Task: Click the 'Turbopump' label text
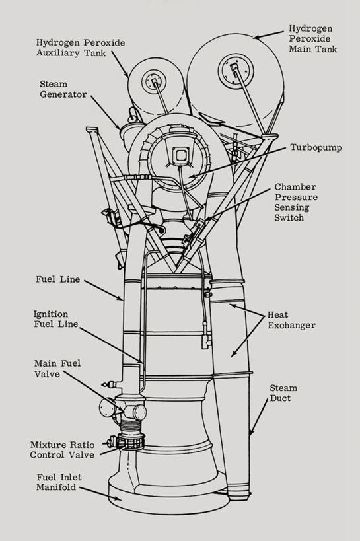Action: (316, 148)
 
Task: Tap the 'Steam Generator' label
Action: (63, 89)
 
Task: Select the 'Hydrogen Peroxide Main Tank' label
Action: (312, 38)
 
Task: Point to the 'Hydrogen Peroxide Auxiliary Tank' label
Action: (81, 48)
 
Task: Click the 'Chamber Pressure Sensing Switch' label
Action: (296, 202)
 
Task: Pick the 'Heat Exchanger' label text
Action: (292, 320)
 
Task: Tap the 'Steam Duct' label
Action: (283, 393)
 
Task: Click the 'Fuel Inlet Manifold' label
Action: (59, 482)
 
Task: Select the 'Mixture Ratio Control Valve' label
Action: (62, 450)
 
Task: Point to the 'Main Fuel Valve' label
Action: (57, 369)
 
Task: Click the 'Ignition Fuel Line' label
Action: (56, 319)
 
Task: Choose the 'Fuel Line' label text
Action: (58, 279)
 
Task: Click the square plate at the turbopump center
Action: (180, 155)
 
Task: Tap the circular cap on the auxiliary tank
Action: (154, 81)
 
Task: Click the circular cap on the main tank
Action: (236, 71)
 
